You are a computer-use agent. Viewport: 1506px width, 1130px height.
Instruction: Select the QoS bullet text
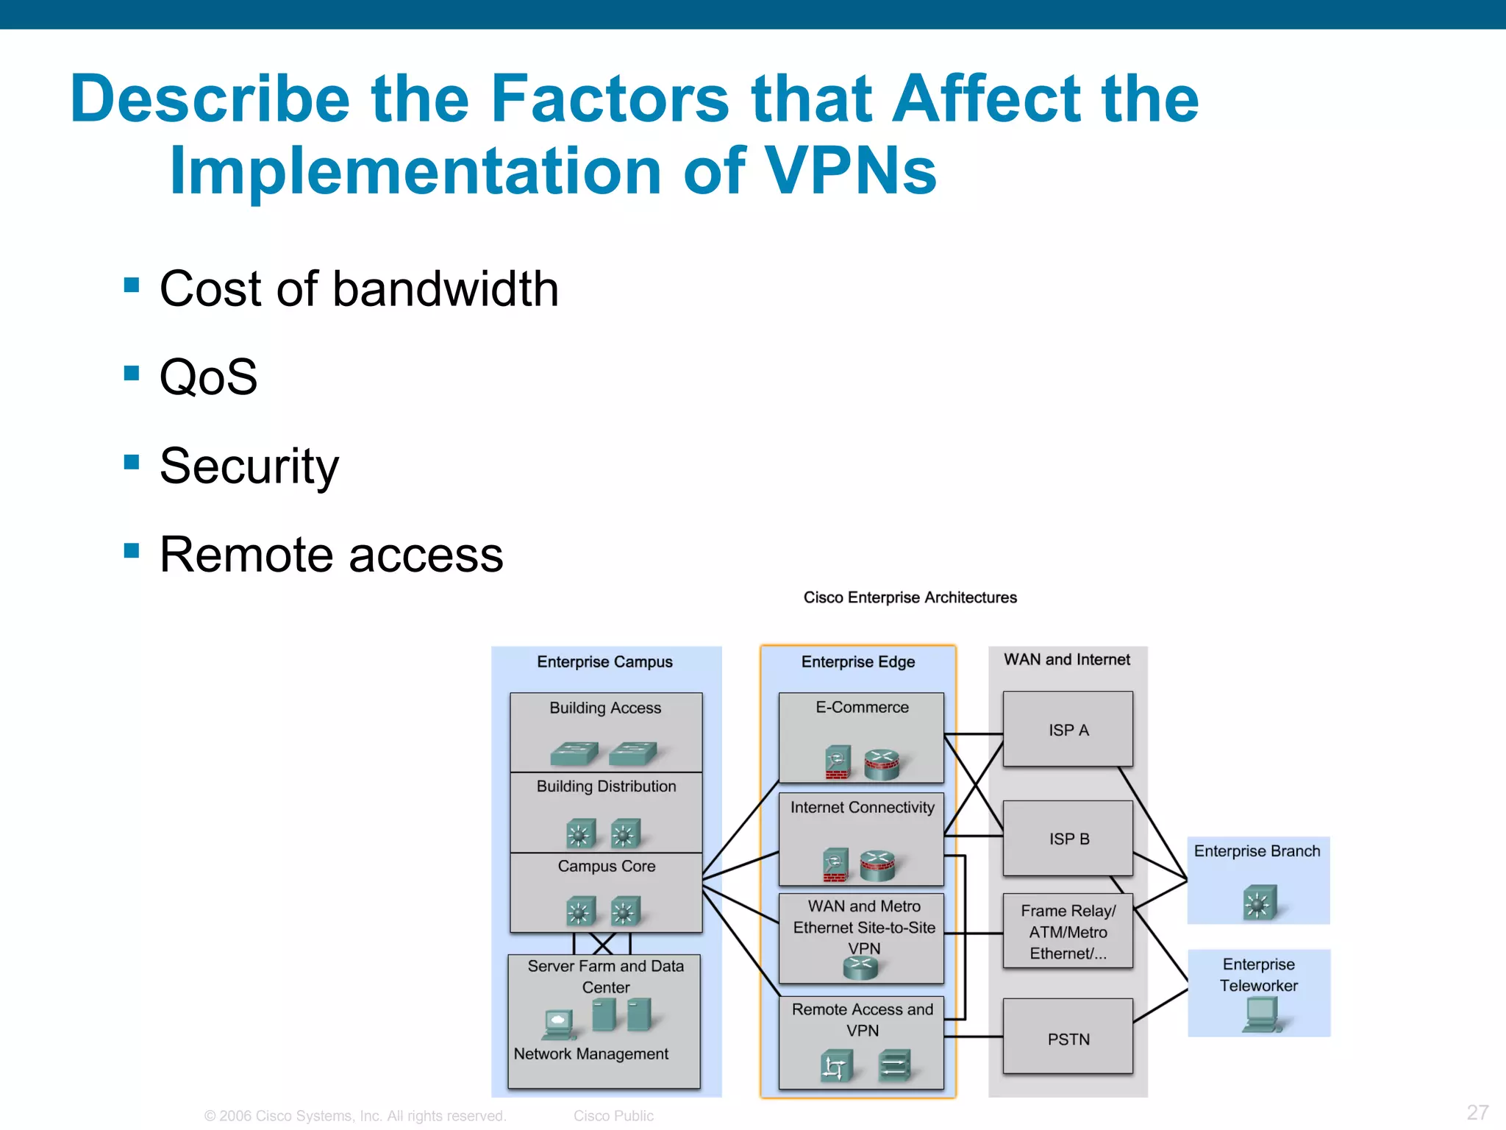click(208, 377)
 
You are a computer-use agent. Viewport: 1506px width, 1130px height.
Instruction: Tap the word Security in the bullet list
click(249, 466)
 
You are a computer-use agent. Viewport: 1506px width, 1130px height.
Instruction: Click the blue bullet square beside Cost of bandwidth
click(132, 285)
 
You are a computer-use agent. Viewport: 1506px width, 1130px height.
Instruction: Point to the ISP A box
click(1068, 729)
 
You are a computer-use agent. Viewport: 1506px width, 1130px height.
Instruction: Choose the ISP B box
click(1068, 838)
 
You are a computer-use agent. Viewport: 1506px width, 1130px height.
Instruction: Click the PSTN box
click(1068, 1038)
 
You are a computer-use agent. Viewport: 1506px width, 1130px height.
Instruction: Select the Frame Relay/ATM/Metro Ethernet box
click(1068, 931)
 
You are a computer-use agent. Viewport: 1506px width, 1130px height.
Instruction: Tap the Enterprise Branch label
click(1257, 851)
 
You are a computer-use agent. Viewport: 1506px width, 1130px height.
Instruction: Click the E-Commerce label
click(862, 707)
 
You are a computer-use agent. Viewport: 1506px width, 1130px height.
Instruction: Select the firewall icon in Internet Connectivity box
click(835, 864)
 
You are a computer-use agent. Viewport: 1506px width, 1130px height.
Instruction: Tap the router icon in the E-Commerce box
click(882, 764)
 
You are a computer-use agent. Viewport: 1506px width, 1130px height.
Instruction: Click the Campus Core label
click(606, 866)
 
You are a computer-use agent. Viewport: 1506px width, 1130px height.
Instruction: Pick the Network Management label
click(590, 1053)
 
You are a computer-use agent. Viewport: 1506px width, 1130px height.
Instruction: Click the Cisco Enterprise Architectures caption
click(910, 597)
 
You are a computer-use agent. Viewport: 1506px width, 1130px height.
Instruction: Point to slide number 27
click(1477, 1112)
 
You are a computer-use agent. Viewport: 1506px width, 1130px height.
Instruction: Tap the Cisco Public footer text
click(613, 1115)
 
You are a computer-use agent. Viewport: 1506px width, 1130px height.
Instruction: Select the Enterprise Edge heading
click(857, 661)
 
